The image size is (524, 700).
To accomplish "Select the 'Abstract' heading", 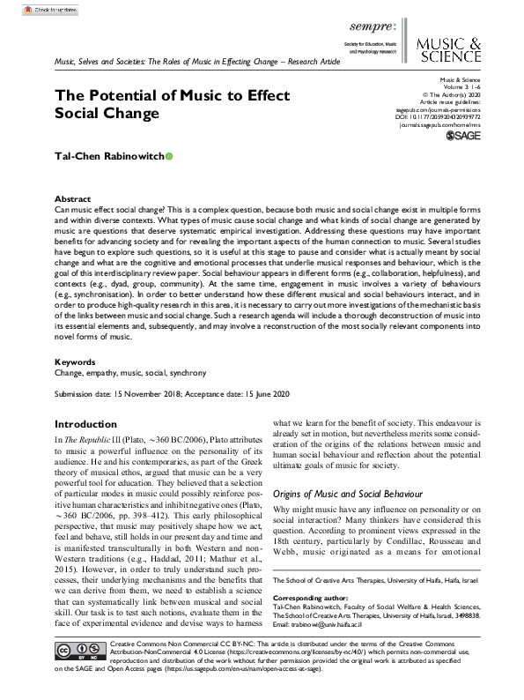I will tap(71, 199).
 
